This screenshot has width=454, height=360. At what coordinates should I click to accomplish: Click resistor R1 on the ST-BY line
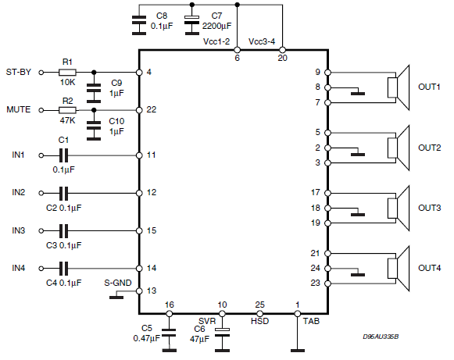[67, 73]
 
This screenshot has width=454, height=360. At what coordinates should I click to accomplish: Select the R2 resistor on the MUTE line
[67, 110]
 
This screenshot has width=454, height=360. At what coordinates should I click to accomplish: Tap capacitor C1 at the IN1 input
[64, 155]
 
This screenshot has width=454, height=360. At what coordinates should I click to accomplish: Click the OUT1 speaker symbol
[399, 87]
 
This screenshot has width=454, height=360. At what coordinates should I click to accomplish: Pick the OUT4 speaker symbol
[399, 269]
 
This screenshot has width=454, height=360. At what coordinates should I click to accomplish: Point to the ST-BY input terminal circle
[41, 73]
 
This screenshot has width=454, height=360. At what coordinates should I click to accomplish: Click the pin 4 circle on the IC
[139, 73]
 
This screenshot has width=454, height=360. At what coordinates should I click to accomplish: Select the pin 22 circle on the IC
[139, 110]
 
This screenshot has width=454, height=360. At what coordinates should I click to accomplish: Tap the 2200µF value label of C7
[217, 26]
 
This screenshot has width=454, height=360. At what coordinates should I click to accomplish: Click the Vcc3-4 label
[262, 41]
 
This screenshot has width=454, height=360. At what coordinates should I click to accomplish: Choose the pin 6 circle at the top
[237, 50]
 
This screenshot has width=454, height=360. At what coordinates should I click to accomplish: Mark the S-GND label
[118, 283]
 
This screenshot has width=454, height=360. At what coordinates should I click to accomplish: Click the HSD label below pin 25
[259, 321]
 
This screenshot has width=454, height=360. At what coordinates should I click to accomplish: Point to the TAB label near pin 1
[311, 321]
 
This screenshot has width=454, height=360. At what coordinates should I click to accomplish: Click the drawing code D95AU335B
[381, 337]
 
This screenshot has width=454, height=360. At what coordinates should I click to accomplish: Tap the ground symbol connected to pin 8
[358, 94]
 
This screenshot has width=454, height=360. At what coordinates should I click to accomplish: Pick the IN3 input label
[19, 230]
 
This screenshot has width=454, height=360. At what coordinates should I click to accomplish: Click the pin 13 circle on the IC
[139, 291]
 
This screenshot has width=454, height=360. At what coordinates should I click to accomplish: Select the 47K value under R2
[67, 120]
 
